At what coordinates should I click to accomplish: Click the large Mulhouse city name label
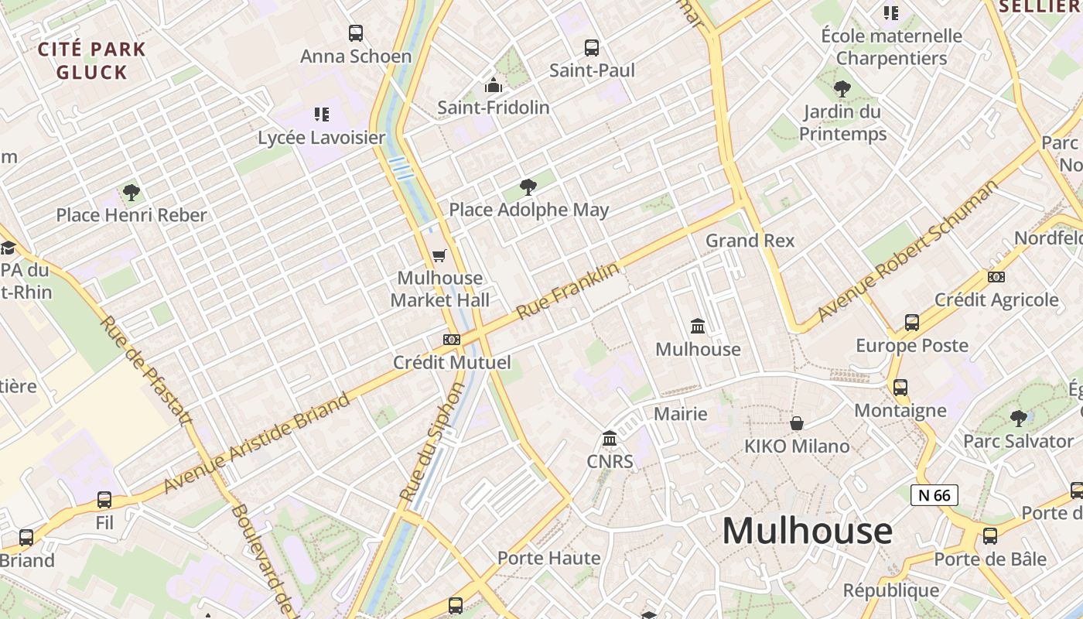click(x=807, y=531)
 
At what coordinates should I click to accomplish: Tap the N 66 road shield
click(x=934, y=495)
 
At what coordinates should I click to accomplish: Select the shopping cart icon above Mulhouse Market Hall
click(x=439, y=255)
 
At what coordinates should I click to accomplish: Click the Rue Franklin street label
click(x=568, y=291)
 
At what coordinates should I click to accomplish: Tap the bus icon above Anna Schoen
click(x=356, y=33)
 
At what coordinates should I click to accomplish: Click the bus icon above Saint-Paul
click(x=592, y=48)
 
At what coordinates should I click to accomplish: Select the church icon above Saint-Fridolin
click(x=493, y=85)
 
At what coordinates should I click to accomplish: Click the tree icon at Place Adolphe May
click(x=528, y=186)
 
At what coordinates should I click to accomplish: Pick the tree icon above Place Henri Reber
click(x=132, y=192)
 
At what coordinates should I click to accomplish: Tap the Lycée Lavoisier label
click(x=321, y=138)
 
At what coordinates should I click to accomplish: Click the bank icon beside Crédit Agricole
click(x=996, y=277)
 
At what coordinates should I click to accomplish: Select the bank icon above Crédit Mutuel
click(x=452, y=340)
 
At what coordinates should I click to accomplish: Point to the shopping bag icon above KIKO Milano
click(x=797, y=423)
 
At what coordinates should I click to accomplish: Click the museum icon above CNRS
click(x=610, y=439)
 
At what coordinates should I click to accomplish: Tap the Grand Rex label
click(x=750, y=241)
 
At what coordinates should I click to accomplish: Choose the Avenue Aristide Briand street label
click(x=257, y=444)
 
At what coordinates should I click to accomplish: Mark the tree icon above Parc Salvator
click(x=1018, y=419)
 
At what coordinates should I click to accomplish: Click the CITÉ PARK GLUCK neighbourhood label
click(x=92, y=61)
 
